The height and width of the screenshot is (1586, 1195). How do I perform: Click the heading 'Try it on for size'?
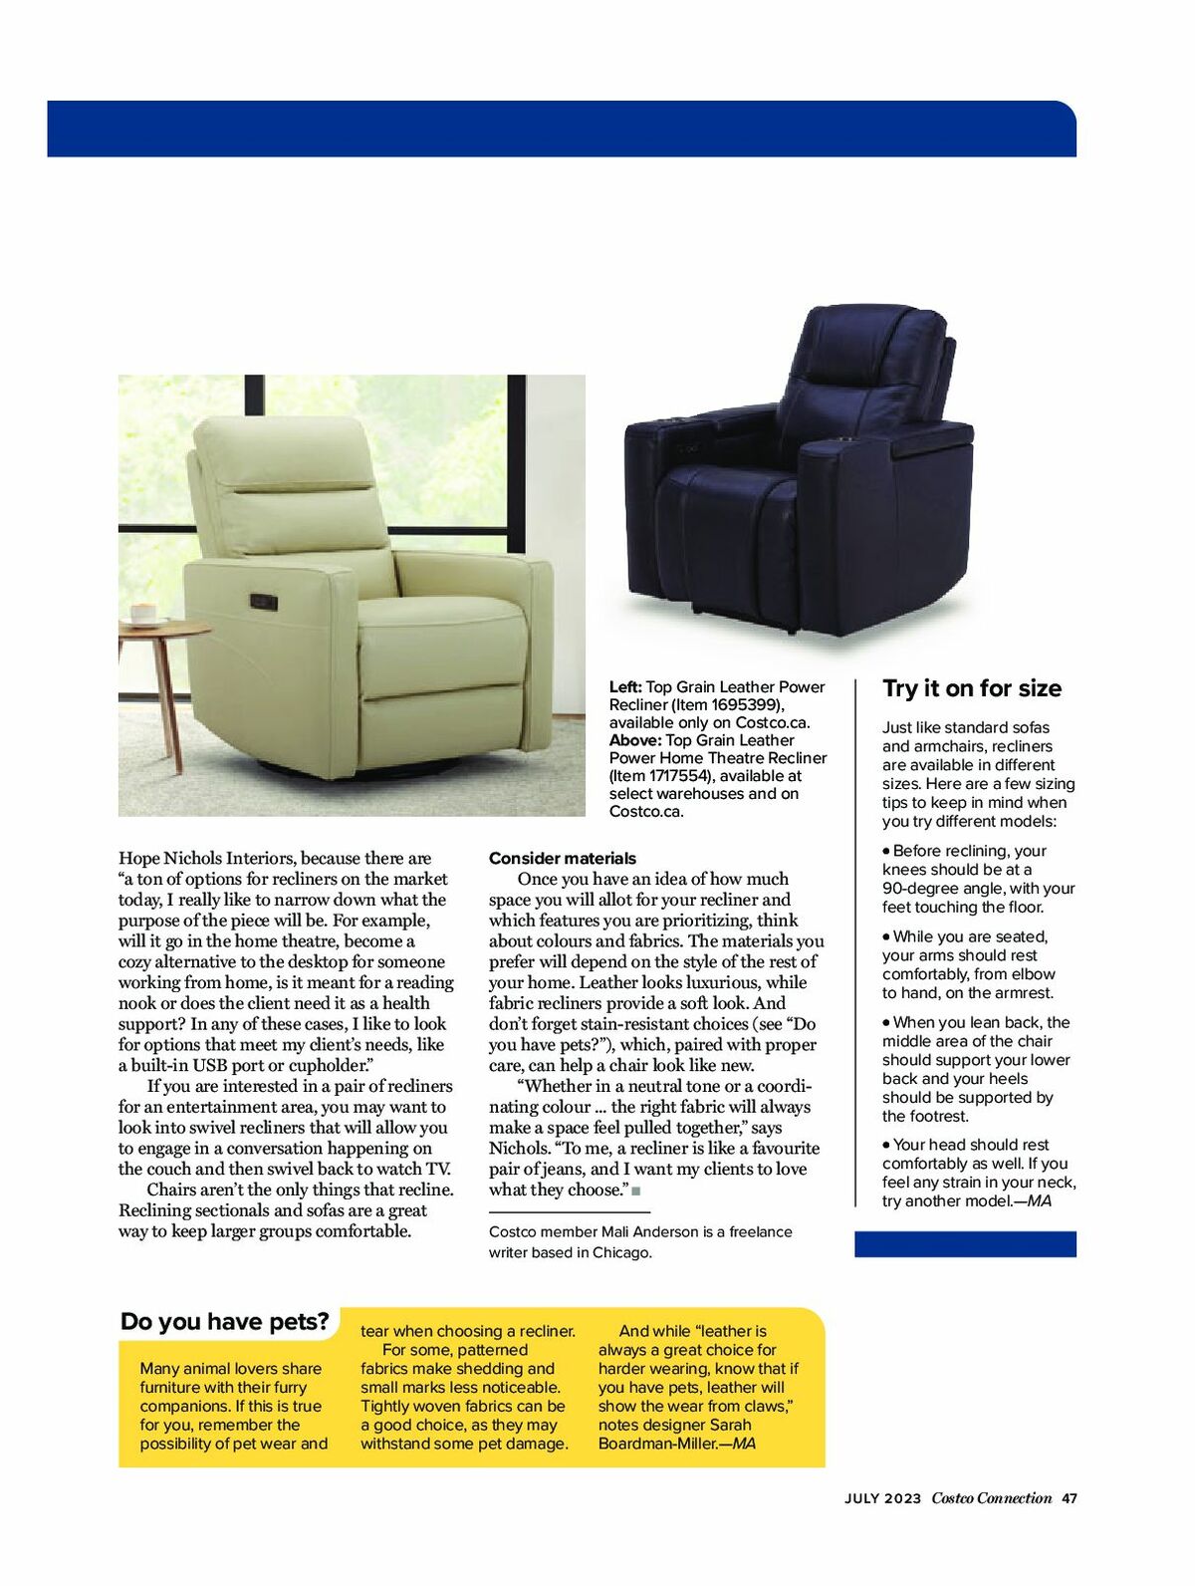(972, 688)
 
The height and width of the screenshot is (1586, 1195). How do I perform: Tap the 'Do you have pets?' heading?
(224, 1322)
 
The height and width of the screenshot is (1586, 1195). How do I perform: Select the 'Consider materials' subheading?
(562, 858)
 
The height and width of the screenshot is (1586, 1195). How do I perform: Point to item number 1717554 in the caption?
(669, 776)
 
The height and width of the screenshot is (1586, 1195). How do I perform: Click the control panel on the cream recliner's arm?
(264, 601)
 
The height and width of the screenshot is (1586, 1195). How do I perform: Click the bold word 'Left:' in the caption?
(625, 686)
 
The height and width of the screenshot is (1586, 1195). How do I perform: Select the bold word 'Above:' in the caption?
(634, 740)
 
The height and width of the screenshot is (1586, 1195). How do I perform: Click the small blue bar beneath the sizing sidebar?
(965, 1243)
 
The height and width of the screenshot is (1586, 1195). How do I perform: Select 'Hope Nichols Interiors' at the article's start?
(207, 858)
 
